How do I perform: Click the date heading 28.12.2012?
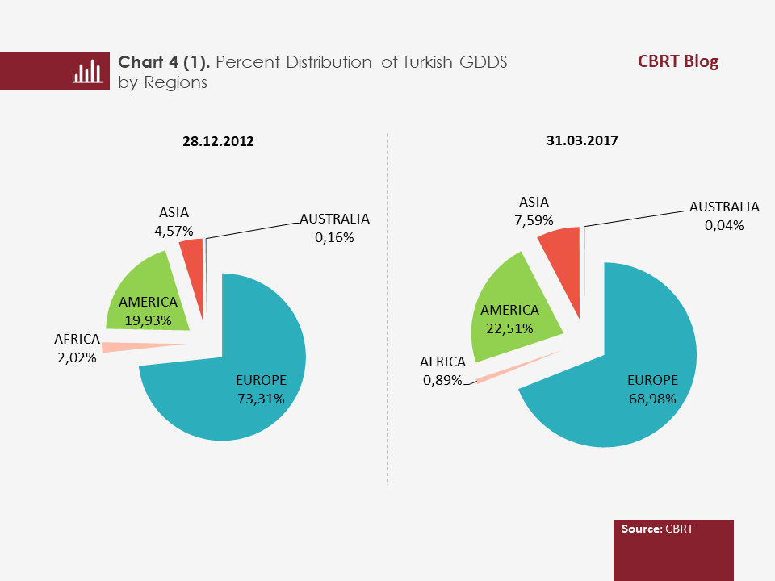coord(218,141)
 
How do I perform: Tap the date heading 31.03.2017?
coord(581,140)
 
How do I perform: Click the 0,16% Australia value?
coord(335,237)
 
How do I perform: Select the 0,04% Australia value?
coord(724,225)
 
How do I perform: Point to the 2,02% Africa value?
coord(77,357)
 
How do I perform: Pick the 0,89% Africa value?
coord(442,380)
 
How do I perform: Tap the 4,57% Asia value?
coord(174,232)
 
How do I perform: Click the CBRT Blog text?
coord(677,61)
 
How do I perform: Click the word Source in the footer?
coord(641,529)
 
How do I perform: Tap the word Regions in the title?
coord(175,82)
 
